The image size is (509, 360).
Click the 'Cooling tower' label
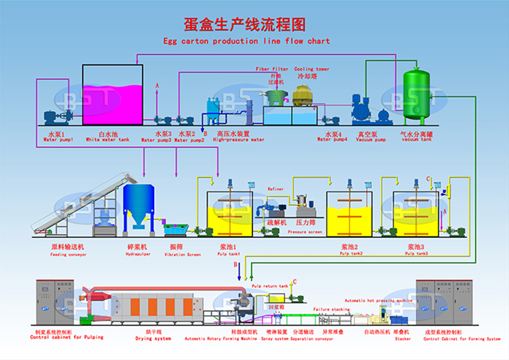click(312, 69)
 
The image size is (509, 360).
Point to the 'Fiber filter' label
click(271, 69)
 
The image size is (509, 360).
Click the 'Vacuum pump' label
click(371, 140)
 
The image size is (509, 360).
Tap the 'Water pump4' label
click(333, 140)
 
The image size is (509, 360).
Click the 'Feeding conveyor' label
click(67, 255)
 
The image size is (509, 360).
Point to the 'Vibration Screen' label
click(183, 255)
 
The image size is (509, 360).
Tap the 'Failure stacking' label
click(331, 309)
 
